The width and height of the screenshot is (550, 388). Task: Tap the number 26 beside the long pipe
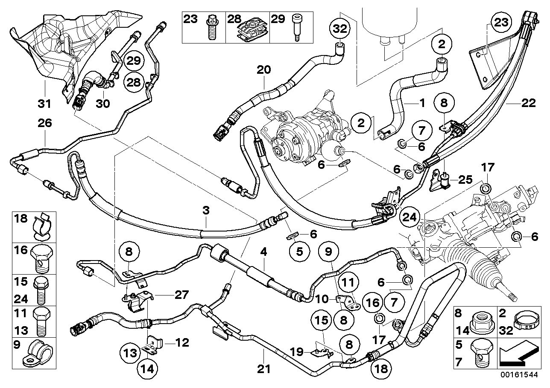pos(45,123)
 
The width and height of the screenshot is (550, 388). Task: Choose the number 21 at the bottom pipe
pos(264,368)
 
